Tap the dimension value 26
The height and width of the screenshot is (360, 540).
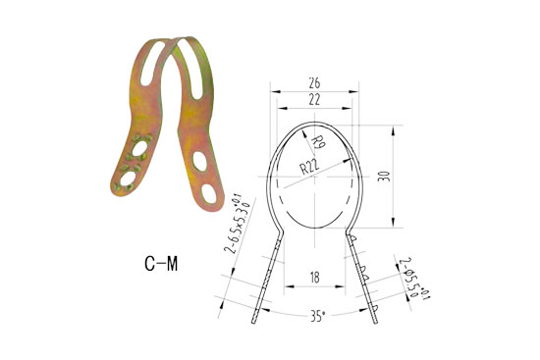click(313, 82)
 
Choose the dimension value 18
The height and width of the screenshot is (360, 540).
click(313, 279)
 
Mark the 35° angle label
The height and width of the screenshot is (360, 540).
click(315, 317)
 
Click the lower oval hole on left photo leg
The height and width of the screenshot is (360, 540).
click(125, 178)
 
